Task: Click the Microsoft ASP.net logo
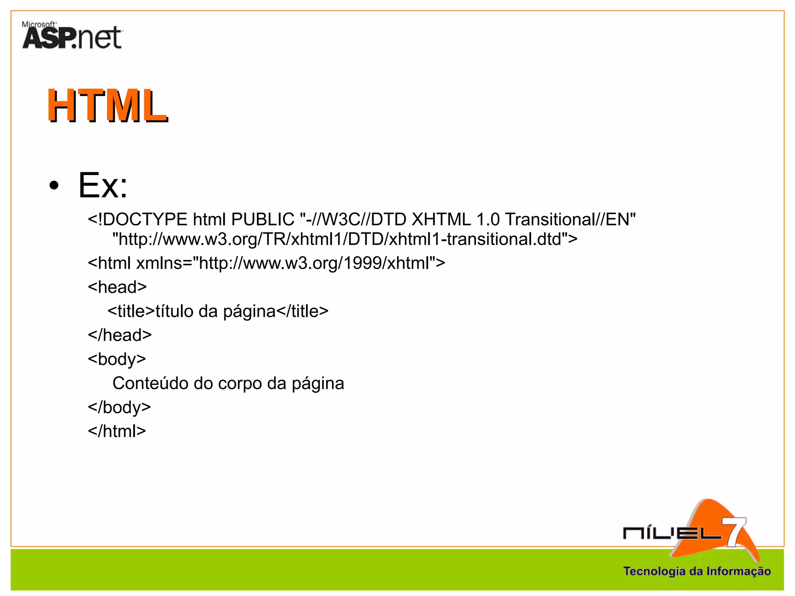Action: (x=72, y=36)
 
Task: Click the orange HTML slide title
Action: (x=108, y=106)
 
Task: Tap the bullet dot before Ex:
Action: (x=54, y=185)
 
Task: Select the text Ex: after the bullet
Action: (x=103, y=185)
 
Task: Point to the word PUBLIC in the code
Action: (x=263, y=220)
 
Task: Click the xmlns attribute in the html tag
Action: (x=159, y=263)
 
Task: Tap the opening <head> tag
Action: (x=117, y=288)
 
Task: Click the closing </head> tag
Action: (x=120, y=335)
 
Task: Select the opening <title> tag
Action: (x=131, y=311)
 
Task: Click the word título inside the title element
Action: (x=174, y=311)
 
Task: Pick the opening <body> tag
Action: (x=117, y=359)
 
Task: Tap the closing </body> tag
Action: (x=119, y=407)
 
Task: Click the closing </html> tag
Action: (x=117, y=431)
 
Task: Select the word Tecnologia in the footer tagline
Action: (x=654, y=571)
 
